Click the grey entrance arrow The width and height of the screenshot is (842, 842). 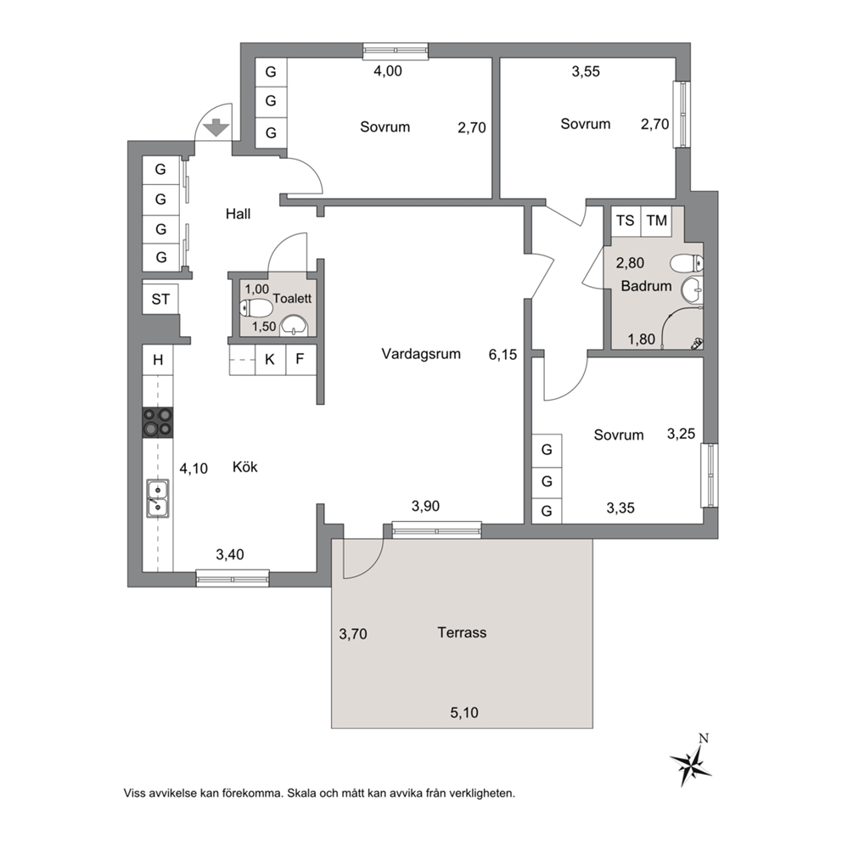[x=217, y=127]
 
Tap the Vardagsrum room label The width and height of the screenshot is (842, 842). [x=421, y=354]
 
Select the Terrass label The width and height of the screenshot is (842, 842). [x=462, y=632]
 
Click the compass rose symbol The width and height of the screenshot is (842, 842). [x=691, y=762]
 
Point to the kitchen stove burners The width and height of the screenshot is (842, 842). [x=158, y=422]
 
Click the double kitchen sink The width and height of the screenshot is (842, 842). [x=158, y=499]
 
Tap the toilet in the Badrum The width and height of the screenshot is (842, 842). [x=687, y=264]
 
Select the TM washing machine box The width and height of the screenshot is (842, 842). [x=656, y=221]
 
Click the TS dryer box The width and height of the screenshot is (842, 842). [x=626, y=221]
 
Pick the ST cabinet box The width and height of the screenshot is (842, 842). [x=160, y=299]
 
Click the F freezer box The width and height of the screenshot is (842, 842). [x=300, y=359]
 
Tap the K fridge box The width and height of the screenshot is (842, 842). [x=270, y=359]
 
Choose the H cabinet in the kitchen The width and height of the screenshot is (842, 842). [x=158, y=360]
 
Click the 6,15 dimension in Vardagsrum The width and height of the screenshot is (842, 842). [x=502, y=355]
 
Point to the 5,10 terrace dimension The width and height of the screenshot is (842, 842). [x=464, y=713]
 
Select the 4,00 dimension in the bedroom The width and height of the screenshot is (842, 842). [x=388, y=71]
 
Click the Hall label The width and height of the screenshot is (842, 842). [x=238, y=214]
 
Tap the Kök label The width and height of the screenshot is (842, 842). [x=244, y=467]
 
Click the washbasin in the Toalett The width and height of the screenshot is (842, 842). [x=294, y=325]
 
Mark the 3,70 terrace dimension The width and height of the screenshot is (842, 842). [x=353, y=634]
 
